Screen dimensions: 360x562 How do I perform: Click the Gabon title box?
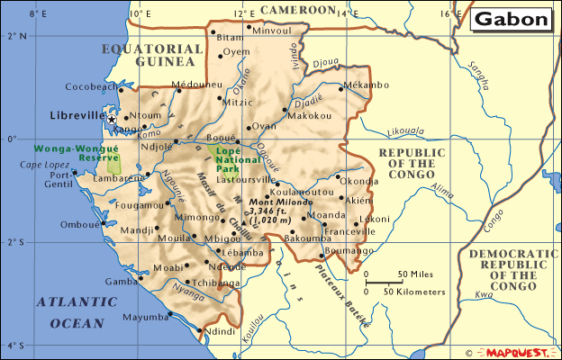tap(512, 19)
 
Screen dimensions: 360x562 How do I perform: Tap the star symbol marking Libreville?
tap(112, 119)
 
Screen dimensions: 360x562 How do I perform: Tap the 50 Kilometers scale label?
tap(411, 292)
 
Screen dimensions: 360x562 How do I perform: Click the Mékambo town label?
tap(367, 85)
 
